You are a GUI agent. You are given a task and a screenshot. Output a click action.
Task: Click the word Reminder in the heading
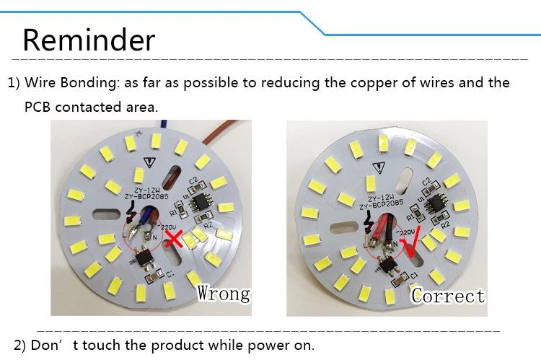pyautogui.click(x=89, y=39)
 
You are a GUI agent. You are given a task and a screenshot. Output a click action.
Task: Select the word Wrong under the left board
pyautogui.click(x=224, y=293)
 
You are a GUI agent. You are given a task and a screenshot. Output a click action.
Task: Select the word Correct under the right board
pyautogui.click(x=448, y=295)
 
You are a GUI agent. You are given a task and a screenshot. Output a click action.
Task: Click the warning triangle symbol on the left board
pyautogui.click(x=149, y=163)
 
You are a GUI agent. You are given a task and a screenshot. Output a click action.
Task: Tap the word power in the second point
pyautogui.click(x=244, y=344)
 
